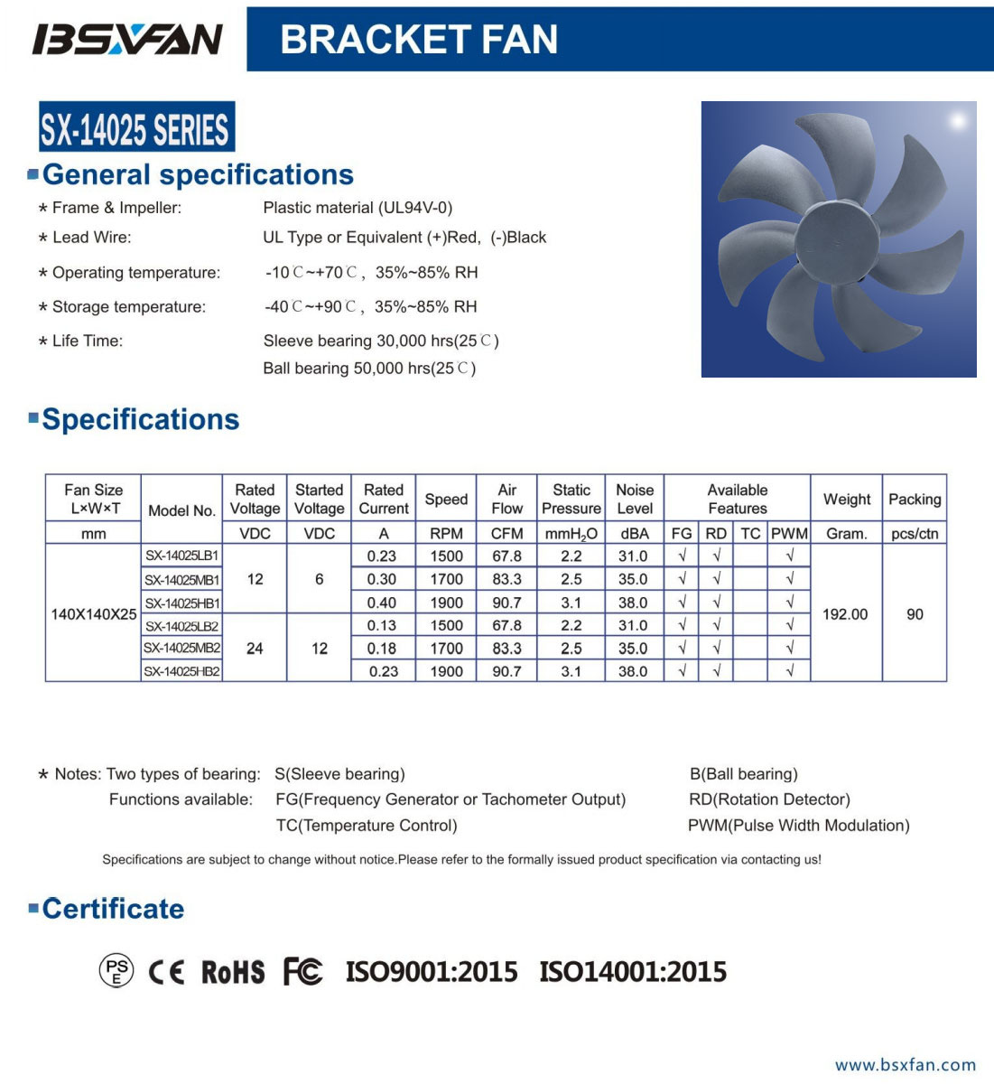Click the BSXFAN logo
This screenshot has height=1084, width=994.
pyautogui.click(x=126, y=39)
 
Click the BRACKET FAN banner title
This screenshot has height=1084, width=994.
pyautogui.click(x=419, y=39)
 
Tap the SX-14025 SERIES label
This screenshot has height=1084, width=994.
pyautogui.click(x=136, y=127)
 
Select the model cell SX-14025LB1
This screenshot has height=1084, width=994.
pyautogui.click(x=181, y=556)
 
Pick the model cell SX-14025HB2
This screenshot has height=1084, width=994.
pyautogui.click(x=181, y=671)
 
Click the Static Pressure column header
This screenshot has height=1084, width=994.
pyautogui.click(x=571, y=499)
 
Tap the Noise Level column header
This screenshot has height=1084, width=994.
pyautogui.click(x=635, y=499)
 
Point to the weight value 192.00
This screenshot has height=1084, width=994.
pyautogui.click(x=845, y=614)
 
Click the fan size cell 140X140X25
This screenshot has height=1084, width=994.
pyautogui.click(x=94, y=614)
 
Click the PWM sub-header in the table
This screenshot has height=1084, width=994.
pyautogui.click(x=789, y=534)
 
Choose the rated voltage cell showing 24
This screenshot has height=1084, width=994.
pyautogui.click(x=255, y=648)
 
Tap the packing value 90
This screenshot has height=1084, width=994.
pyautogui.click(x=915, y=614)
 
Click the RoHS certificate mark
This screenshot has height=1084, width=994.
pyautogui.click(x=233, y=972)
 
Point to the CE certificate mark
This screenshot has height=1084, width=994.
pyautogui.click(x=166, y=972)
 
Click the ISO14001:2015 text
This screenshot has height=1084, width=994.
pyautogui.click(x=633, y=972)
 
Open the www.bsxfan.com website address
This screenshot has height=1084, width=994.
pyautogui.click(x=906, y=1065)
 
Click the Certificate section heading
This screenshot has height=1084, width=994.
pyautogui.click(x=113, y=909)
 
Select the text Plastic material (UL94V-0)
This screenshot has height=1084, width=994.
pyautogui.click(x=358, y=208)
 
